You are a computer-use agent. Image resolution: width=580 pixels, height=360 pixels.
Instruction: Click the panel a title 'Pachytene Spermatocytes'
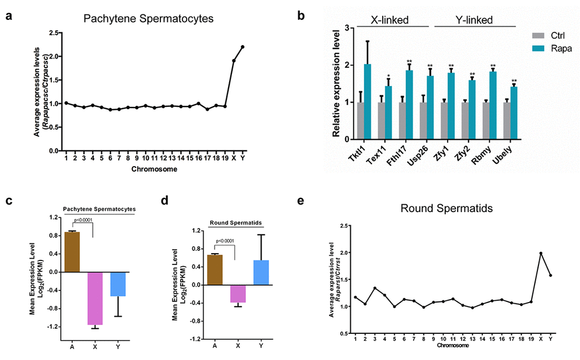(x=148, y=19)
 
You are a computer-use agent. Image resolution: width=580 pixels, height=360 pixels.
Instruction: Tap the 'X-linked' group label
(x=393, y=20)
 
